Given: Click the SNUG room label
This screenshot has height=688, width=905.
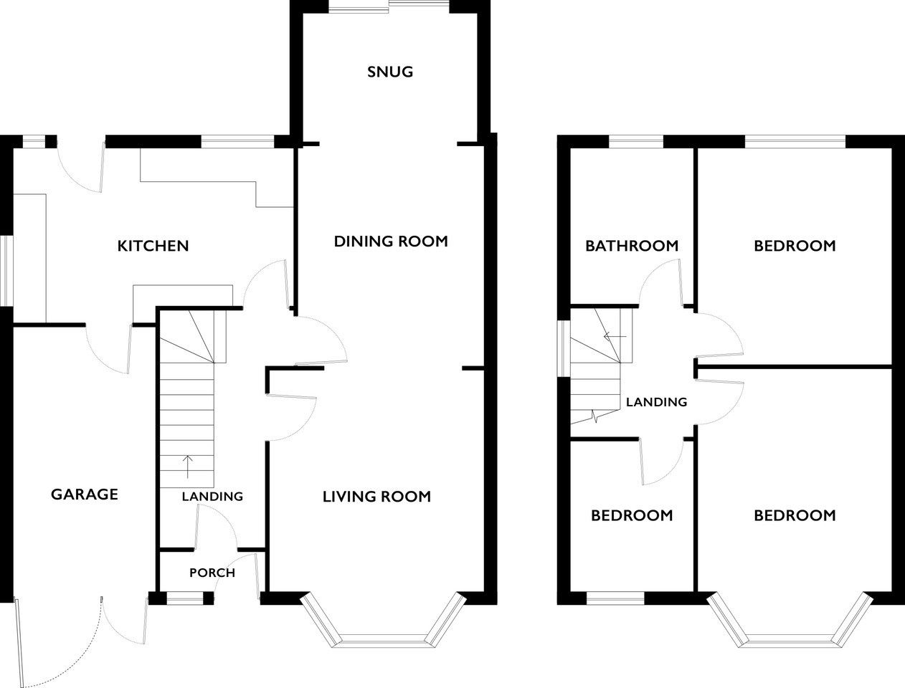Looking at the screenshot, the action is (x=390, y=72).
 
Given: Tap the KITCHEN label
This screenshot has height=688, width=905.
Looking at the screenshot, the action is (x=153, y=246).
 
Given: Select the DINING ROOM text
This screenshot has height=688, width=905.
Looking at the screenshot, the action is (x=391, y=242).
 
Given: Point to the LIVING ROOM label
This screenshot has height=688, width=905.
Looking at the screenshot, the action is (x=376, y=497).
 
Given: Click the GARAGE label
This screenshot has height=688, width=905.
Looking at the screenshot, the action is (x=85, y=494).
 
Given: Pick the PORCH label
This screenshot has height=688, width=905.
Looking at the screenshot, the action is (x=212, y=573).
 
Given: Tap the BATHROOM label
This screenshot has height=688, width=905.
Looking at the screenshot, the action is (x=632, y=246).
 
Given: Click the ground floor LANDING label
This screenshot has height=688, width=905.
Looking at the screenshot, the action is (x=212, y=497).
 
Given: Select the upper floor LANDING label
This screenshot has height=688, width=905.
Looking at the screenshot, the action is (x=656, y=402).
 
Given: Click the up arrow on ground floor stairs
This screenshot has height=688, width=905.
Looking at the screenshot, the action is (x=188, y=467).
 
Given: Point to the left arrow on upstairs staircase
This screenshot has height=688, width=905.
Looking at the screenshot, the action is (x=615, y=337).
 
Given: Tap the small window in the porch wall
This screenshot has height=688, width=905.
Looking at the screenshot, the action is (x=185, y=598).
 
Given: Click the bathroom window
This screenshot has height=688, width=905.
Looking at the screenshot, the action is (x=636, y=141).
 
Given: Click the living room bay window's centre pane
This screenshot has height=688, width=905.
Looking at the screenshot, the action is (x=384, y=641).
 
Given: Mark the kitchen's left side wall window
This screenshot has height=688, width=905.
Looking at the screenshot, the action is (x=6, y=271).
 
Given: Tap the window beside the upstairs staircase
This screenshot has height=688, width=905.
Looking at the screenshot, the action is (x=564, y=348).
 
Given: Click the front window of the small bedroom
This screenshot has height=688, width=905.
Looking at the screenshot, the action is (x=615, y=598).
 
